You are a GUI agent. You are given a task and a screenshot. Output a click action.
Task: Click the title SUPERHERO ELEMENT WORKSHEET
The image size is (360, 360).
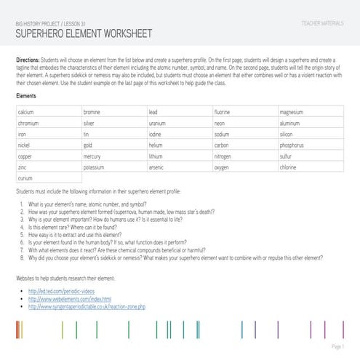click(83, 33)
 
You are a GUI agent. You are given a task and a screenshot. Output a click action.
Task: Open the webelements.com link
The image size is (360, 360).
click(69, 299)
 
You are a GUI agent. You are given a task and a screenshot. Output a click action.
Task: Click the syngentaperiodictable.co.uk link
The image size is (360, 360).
click(87, 307)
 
